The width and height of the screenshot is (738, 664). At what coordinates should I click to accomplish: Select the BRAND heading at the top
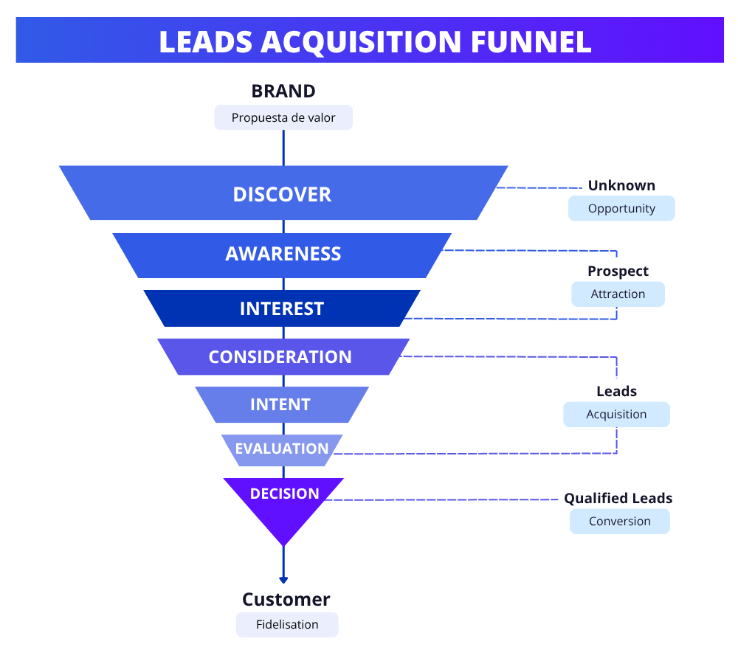[x=283, y=91]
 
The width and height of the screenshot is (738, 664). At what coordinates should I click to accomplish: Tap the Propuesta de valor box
[x=283, y=117]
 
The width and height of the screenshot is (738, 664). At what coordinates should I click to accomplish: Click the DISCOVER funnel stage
[x=283, y=194]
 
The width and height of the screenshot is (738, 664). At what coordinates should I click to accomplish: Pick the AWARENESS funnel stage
[x=283, y=254]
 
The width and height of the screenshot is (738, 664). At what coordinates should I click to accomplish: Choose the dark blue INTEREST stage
[x=282, y=308]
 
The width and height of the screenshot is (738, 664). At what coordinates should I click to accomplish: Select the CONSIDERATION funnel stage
[x=280, y=357]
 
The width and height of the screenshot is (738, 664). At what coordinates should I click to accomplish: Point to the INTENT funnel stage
[x=280, y=404]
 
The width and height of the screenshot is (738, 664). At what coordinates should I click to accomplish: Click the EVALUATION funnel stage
[x=282, y=449]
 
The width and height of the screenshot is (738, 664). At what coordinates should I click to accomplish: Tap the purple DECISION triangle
[x=284, y=502]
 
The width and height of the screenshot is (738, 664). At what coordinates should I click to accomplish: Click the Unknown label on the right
[x=621, y=185]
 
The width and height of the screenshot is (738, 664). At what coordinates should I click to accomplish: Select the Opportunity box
[x=621, y=208]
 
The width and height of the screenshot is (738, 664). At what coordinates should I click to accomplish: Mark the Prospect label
[x=618, y=271]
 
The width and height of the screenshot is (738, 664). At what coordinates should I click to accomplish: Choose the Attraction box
[x=618, y=294]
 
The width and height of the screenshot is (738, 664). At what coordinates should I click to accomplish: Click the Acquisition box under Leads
[x=616, y=414]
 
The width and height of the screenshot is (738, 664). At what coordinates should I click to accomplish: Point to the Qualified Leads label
[x=618, y=499]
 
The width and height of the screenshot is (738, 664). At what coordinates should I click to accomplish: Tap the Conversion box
[x=619, y=521]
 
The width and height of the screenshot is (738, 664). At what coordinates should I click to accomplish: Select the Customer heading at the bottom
[x=286, y=599]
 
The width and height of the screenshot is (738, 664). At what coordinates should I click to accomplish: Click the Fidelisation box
[x=287, y=624]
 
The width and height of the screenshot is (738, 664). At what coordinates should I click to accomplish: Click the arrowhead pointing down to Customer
[x=283, y=580]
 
